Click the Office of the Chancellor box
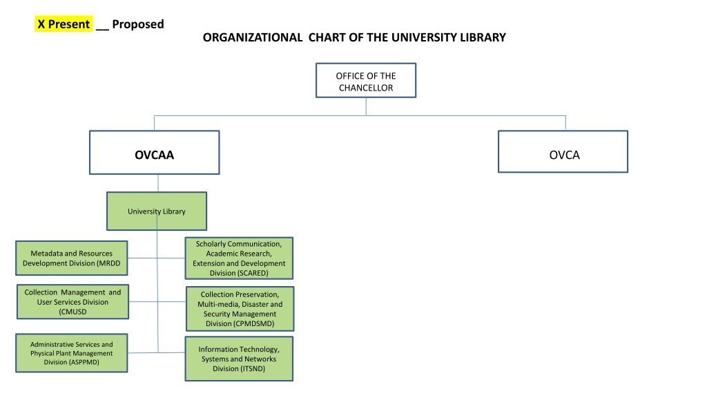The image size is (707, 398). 366,80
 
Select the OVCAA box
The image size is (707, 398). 154,153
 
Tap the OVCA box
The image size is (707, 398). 563,151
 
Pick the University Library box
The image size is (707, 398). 157,211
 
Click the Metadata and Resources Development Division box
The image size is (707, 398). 72,258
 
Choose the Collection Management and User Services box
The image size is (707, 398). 72,301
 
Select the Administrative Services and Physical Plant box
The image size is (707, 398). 72,353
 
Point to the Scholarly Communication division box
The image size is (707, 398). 239,258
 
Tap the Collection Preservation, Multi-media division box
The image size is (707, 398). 240,309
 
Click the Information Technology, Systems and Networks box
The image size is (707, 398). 239,359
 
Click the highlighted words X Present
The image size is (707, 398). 64,24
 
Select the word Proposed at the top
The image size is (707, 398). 138,24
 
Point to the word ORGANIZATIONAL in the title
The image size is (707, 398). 253,37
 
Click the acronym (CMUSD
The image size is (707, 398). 72,312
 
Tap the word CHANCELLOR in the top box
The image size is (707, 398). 366,88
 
